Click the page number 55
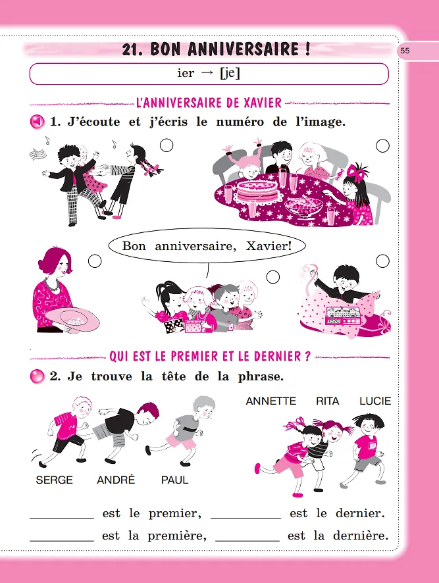pos(405,51)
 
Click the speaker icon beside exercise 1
pos(37,122)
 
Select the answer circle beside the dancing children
pos(167,145)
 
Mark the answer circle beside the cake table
pos(382,146)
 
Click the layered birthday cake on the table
pos(257,190)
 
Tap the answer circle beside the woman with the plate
pos(95,261)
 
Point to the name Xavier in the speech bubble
pos(269,245)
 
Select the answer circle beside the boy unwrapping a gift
pos(382,261)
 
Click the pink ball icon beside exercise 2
pos(38,376)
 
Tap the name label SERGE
pos(54,480)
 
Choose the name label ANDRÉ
pos(116,479)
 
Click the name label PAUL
pos(174,480)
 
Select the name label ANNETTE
pos(271,401)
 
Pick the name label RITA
pos(327,401)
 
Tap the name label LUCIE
pos(375,401)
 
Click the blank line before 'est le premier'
pos(62,518)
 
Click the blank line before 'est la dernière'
pos(247,540)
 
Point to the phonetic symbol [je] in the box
pos(230,73)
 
